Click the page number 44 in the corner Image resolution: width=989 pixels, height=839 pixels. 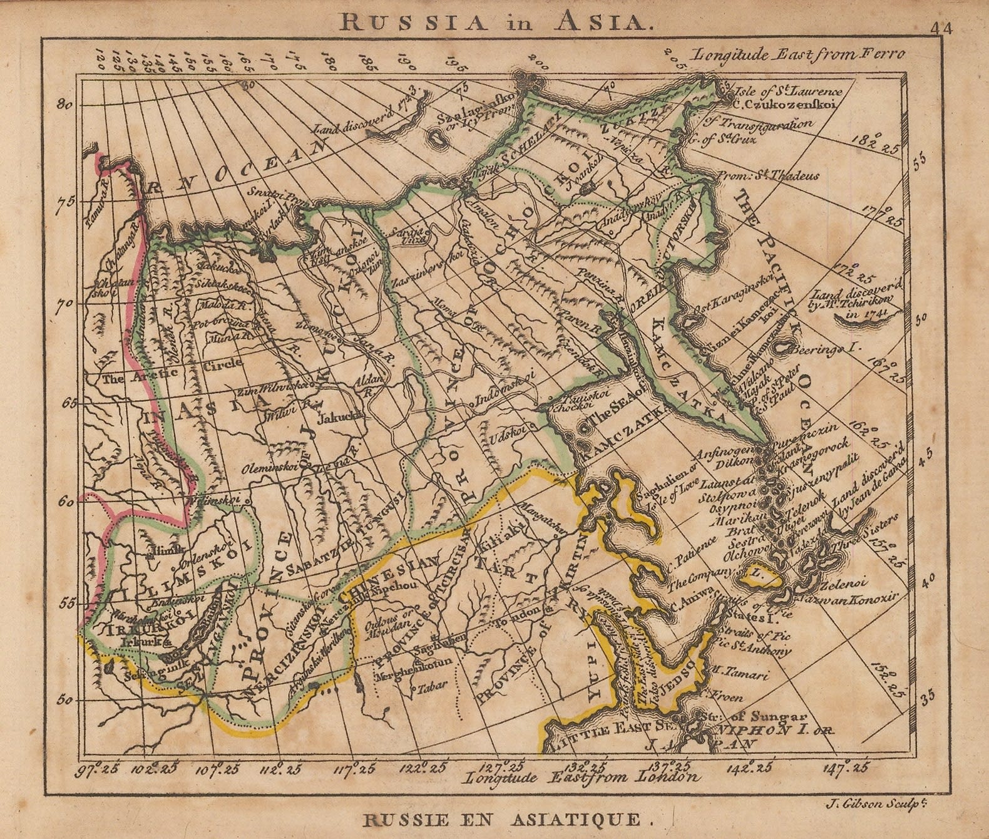[941, 29]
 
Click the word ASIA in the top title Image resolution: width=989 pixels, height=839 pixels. [610, 23]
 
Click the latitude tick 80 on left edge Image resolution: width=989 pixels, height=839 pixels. [64, 105]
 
